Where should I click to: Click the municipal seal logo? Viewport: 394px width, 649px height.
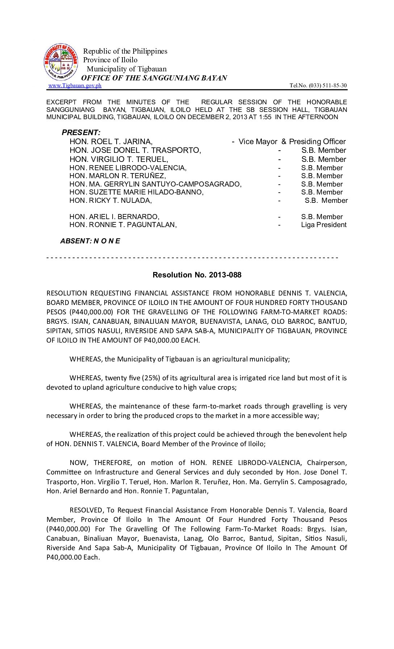click(61, 62)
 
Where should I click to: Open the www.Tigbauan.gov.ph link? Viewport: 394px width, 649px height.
click(75, 85)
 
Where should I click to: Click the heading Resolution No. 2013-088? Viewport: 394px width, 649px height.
click(197, 275)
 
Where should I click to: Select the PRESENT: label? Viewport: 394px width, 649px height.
click(81, 133)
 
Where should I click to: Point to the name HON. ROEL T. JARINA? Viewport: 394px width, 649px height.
click(111, 142)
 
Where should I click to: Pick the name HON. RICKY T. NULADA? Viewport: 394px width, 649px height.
click(110, 200)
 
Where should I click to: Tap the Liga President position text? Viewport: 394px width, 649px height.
click(324, 225)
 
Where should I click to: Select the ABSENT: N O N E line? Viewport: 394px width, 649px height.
click(90, 241)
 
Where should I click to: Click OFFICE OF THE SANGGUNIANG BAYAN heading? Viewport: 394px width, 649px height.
click(154, 78)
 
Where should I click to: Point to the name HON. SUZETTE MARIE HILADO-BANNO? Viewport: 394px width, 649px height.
click(137, 192)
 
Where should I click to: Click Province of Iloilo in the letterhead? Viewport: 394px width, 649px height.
click(110, 60)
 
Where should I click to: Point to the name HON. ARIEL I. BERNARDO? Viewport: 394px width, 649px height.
click(114, 217)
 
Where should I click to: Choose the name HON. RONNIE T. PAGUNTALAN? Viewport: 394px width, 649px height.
click(123, 225)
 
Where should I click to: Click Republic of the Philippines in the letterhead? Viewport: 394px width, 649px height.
click(125, 51)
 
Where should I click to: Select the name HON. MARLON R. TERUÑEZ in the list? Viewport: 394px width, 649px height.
click(118, 176)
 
